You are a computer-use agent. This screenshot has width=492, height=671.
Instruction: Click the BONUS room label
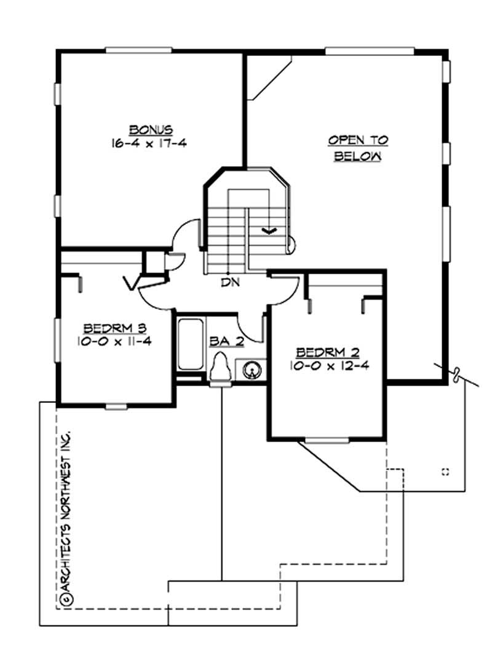click(x=151, y=130)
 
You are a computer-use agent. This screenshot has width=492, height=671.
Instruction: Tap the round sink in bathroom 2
click(x=253, y=370)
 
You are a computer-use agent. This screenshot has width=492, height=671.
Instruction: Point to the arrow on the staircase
click(x=269, y=230)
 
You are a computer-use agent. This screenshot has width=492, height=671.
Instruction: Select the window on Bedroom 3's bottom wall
click(x=114, y=405)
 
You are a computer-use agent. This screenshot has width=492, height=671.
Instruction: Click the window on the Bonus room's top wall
click(x=129, y=50)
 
